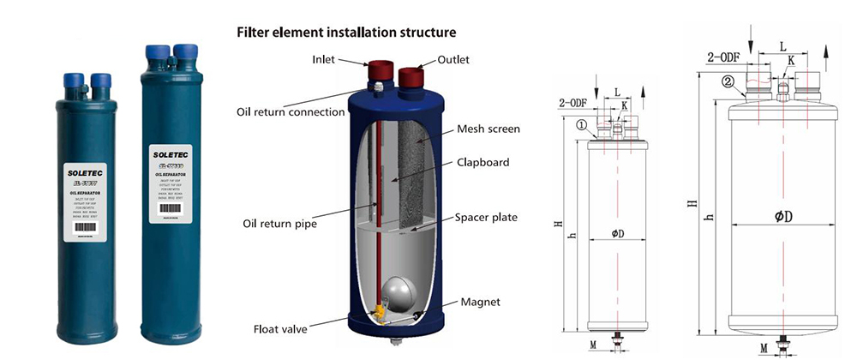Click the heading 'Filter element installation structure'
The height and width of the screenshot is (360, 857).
pyautogui.click(x=346, y=33)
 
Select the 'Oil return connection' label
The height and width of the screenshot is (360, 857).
pyautogui.click(x=285, y=112)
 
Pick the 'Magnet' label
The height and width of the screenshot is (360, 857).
pyautogui.click(x=481, y=302)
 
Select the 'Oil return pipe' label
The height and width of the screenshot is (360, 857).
pyautogui.click(x=279, y=225)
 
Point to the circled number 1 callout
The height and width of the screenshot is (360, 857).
pyautogui.click(x=582, y=125)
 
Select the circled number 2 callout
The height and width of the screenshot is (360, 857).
pyautogui.click(x=727, y=83)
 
